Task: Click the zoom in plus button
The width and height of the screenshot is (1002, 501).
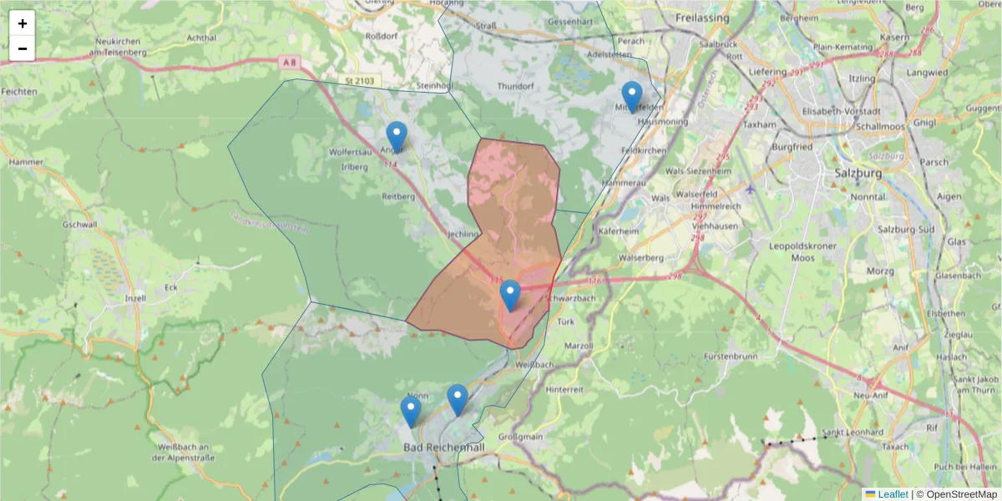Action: point(23,23)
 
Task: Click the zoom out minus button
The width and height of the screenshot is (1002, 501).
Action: point(23,48)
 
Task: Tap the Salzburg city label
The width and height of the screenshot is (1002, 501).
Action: point(858,173)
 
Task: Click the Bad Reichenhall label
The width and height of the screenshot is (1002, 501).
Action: point(444,448)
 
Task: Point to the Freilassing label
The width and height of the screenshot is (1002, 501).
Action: point(703,18)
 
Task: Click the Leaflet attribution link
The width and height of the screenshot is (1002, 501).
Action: point(893,493)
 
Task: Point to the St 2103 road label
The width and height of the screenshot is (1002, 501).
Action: point(360,80)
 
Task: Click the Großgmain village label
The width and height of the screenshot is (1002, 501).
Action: point(520,436)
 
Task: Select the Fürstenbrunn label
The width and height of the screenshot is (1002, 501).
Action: point(711,356)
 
